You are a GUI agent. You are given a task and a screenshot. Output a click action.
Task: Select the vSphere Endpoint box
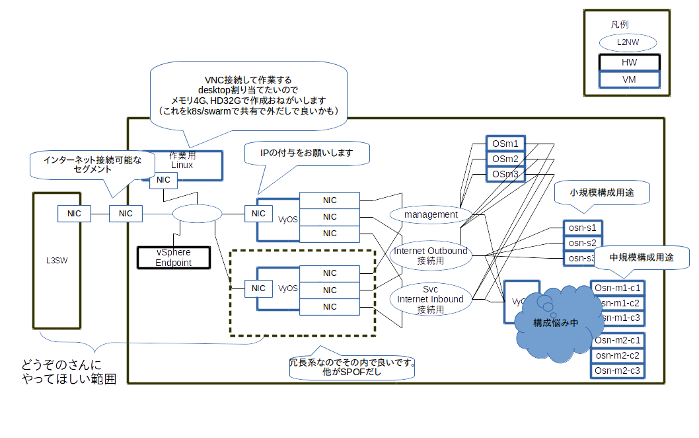(x=174, y=257)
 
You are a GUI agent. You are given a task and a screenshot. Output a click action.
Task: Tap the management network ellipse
(x=431, y=214)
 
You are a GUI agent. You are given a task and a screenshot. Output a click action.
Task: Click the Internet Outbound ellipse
(x=431, y=255)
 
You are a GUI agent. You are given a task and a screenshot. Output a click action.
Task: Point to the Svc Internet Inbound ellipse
(x=430, y=299)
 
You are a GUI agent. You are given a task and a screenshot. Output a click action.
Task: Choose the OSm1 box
(x=505, y=144)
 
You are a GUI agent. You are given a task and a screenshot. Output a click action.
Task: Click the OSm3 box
(x=505, y=174)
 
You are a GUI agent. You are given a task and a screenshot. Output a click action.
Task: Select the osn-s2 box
(x=582, y=243)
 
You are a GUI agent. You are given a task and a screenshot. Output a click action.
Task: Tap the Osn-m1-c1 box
(x=617, y=288)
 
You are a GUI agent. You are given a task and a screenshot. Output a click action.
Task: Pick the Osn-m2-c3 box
(x=617, y=371)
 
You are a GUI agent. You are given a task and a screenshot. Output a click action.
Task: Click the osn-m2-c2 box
(x=617, y=355)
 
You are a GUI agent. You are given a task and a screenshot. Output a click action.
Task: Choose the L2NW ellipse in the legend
(x=629, y=42)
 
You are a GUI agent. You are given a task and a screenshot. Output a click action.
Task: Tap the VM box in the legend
(x=629, y=79)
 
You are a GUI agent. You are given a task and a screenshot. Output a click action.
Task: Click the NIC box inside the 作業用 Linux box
(x=163, y=180)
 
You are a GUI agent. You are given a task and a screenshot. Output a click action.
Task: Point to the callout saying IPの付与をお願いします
(x=307, y=153)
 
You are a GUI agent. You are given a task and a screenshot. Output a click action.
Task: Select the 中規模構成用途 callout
(x=641, y=257)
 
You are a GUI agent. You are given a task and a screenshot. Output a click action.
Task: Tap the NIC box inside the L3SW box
(x=74, y=213)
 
